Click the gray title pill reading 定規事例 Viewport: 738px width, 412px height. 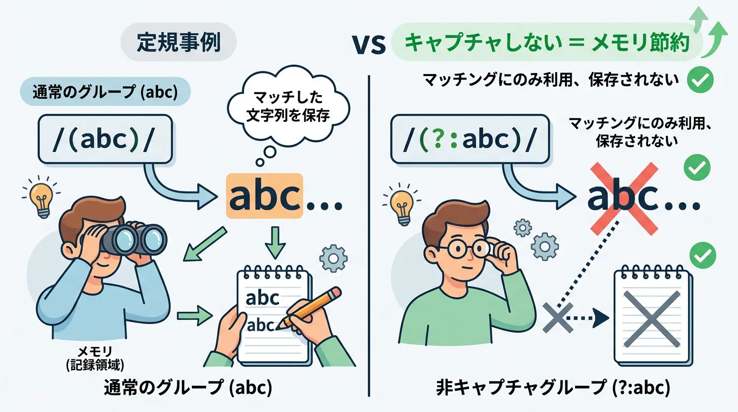coord(178,42)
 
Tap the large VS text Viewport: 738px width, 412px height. coord(368,45)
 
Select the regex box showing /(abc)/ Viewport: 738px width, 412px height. coord(106,139)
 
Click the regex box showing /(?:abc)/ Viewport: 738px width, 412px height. coord(470,139)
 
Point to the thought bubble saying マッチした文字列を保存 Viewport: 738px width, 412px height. coord(289,106)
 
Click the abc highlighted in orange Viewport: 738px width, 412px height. coord(264,196)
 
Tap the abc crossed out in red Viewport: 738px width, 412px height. coord(623,198)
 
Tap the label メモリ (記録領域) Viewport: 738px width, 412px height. coord(95,358)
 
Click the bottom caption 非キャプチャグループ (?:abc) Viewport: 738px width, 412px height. coord(553,388)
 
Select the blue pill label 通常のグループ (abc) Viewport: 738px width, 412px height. coord(106,92)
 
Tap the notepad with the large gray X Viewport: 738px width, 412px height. coord(652,317)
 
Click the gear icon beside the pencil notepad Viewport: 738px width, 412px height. coord(334,258)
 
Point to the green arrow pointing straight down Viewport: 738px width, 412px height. coord(276,242)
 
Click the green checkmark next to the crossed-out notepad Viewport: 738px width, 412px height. coord(703,255)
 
